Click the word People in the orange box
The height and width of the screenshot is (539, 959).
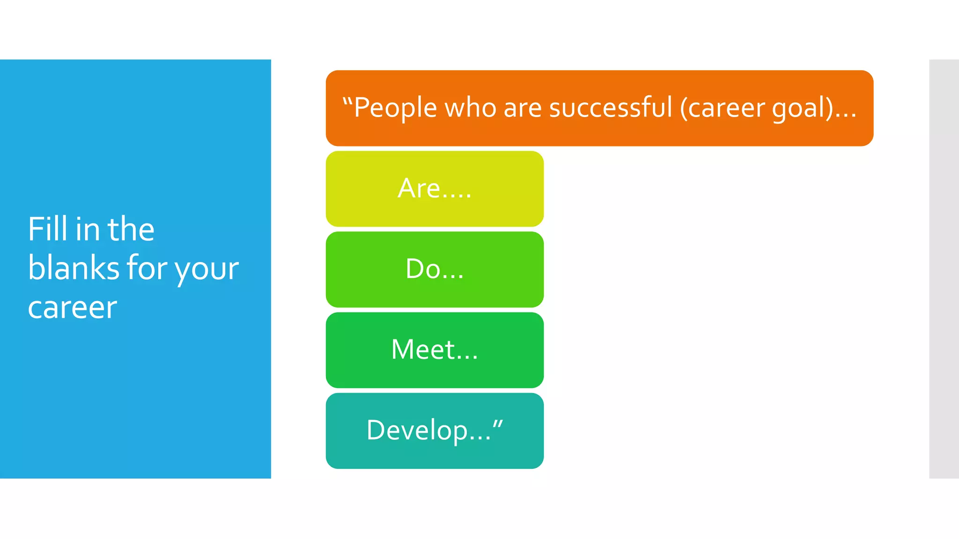point(396,108)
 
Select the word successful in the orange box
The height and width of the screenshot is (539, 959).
point(611,108)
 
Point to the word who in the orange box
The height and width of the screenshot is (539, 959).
point(470,108)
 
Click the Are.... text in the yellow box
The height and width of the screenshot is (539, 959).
point(435,189)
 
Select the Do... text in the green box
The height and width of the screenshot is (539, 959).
point(435,269)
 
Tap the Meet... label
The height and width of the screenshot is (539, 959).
point(435,350)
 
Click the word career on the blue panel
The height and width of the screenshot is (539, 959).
point(73,308)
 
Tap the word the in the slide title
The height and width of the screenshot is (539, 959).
point(131,229)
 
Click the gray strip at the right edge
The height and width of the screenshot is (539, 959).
point(944,269)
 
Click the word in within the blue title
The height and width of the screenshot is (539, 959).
point(88,229)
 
